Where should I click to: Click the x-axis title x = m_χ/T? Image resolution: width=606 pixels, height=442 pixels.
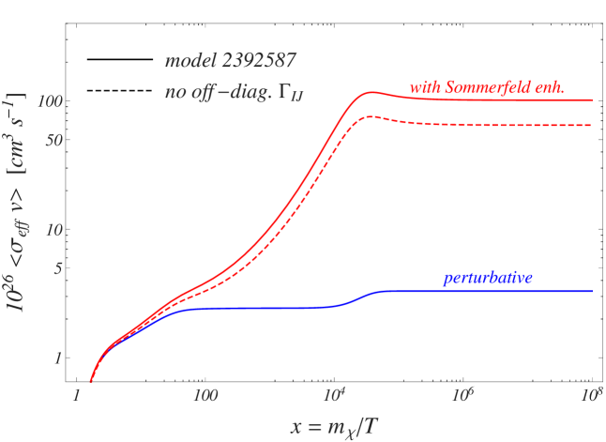pos(334,426)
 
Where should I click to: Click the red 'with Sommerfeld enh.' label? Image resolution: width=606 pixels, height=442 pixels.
pos(486,88)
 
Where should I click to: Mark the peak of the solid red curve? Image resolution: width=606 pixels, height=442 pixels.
pos(372,92)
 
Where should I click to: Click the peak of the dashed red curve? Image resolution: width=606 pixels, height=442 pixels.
pos(372,116)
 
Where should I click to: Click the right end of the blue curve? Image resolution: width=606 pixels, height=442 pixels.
pos(592,292)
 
